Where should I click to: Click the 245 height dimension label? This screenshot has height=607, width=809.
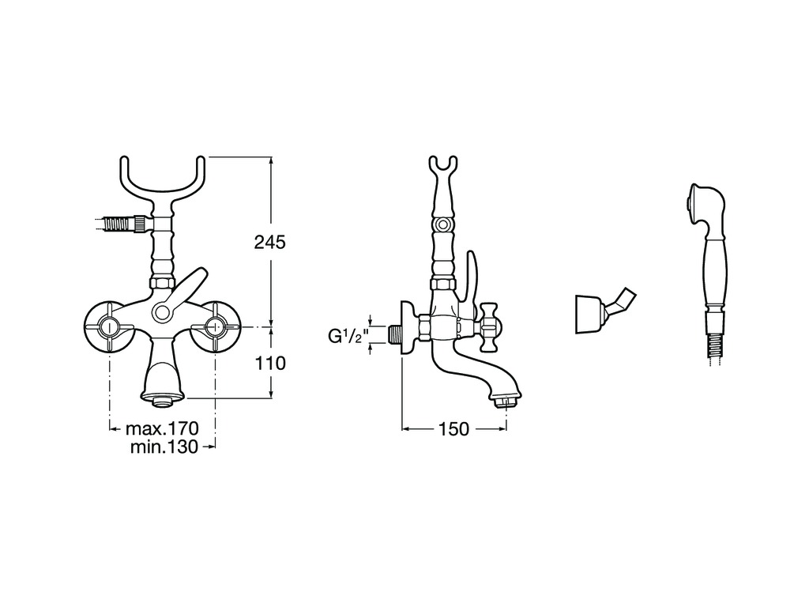270,242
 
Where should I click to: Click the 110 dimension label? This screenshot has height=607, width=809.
270,364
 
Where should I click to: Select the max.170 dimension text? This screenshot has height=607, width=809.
162,428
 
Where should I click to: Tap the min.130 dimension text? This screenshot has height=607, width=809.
164,447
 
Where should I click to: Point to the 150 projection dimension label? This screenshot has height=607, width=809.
453,429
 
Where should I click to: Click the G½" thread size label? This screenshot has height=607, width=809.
348,336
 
